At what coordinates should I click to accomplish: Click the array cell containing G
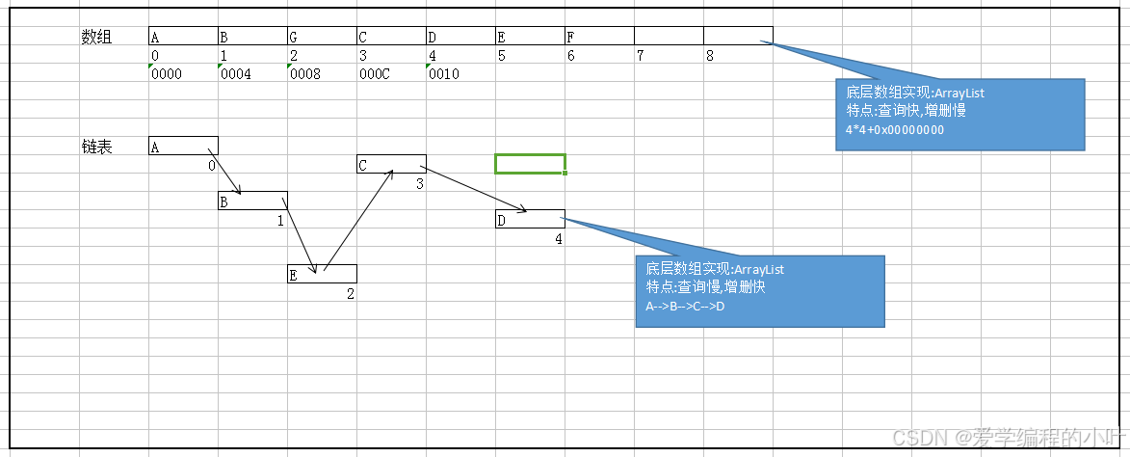(x=322, y=37)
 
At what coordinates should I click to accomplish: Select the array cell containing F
(x=599, y=37)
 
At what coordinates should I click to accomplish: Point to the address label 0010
(x=444, y=73)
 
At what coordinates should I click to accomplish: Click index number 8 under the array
(x=710, y=56)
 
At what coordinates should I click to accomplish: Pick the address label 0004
(x=236, y=73)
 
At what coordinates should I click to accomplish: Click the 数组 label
(x=96, y=37)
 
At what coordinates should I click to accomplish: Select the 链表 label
(x=96, y=147)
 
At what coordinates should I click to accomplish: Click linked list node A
(x=183, y=146)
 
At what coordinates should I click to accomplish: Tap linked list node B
(x=252, y=201)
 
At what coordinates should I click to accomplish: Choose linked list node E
(x=322, y=274)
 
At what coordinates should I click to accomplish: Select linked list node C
(x=391, y=164)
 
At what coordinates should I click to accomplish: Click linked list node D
(x=530, y=219)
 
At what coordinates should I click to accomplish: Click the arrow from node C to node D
(x=474, y=189)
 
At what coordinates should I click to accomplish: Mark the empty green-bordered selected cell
(x=530, y=164)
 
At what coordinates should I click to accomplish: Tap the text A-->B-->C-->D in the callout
(x=685, y=307)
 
